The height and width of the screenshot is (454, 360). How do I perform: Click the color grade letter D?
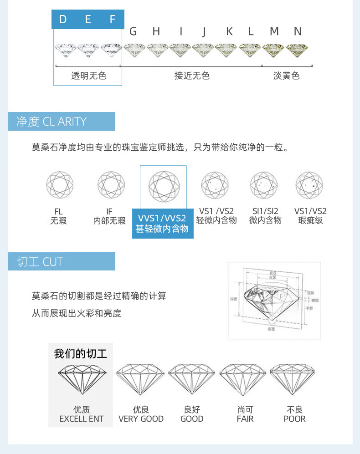[63, 19]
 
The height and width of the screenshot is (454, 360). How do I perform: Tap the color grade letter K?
[229, 31]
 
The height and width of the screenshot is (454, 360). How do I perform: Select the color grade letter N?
[298, 31]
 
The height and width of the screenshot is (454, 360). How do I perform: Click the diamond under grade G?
[134, 49]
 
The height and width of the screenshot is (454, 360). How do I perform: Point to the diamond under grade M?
[273, 49]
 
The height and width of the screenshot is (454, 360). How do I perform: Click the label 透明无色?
[88, 76]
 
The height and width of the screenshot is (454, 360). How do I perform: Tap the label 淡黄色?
[286, 76]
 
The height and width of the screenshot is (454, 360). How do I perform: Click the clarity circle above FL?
[59, 185]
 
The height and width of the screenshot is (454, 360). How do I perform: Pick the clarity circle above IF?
[111, 185]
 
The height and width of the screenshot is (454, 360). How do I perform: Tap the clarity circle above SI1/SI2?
[263, 185]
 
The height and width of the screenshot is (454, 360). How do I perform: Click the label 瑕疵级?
[310, 221]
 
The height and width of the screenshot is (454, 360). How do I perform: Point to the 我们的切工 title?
[81, 354]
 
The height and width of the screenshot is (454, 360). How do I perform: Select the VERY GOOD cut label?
[141, 418]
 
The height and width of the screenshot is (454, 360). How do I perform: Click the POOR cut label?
[294, 418]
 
